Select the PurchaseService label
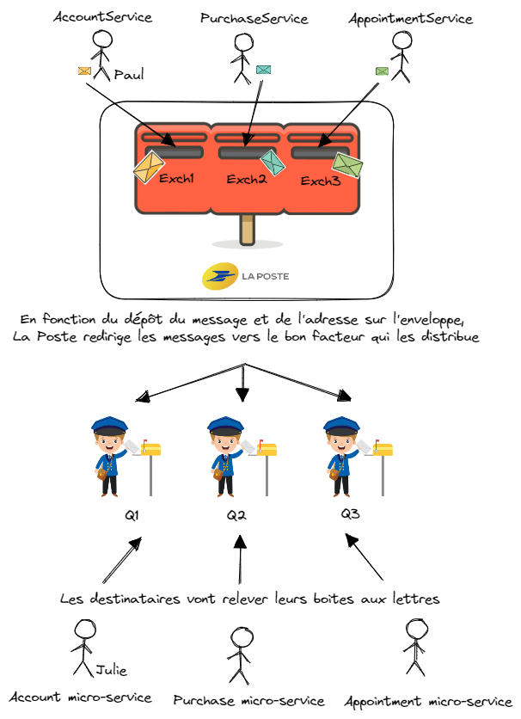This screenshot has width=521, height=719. pos(254,18)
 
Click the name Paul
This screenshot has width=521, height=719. pos(129,75)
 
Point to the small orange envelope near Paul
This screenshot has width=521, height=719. pos(85,71)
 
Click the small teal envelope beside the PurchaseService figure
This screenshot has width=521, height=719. pos(263,69)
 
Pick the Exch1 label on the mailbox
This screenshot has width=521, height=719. pos(177,179)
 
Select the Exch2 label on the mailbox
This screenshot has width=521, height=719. pos(247,180)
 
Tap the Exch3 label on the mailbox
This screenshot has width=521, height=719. pos(320,181)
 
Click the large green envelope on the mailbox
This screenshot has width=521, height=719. pos(347,164)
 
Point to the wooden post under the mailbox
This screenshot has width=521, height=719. pos(248,229)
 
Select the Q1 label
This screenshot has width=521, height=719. pos(132,516)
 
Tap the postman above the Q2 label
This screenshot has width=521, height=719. pos(225,456)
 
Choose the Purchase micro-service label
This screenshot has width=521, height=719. pos(249,701)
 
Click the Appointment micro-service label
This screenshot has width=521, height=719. pos(427,700)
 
